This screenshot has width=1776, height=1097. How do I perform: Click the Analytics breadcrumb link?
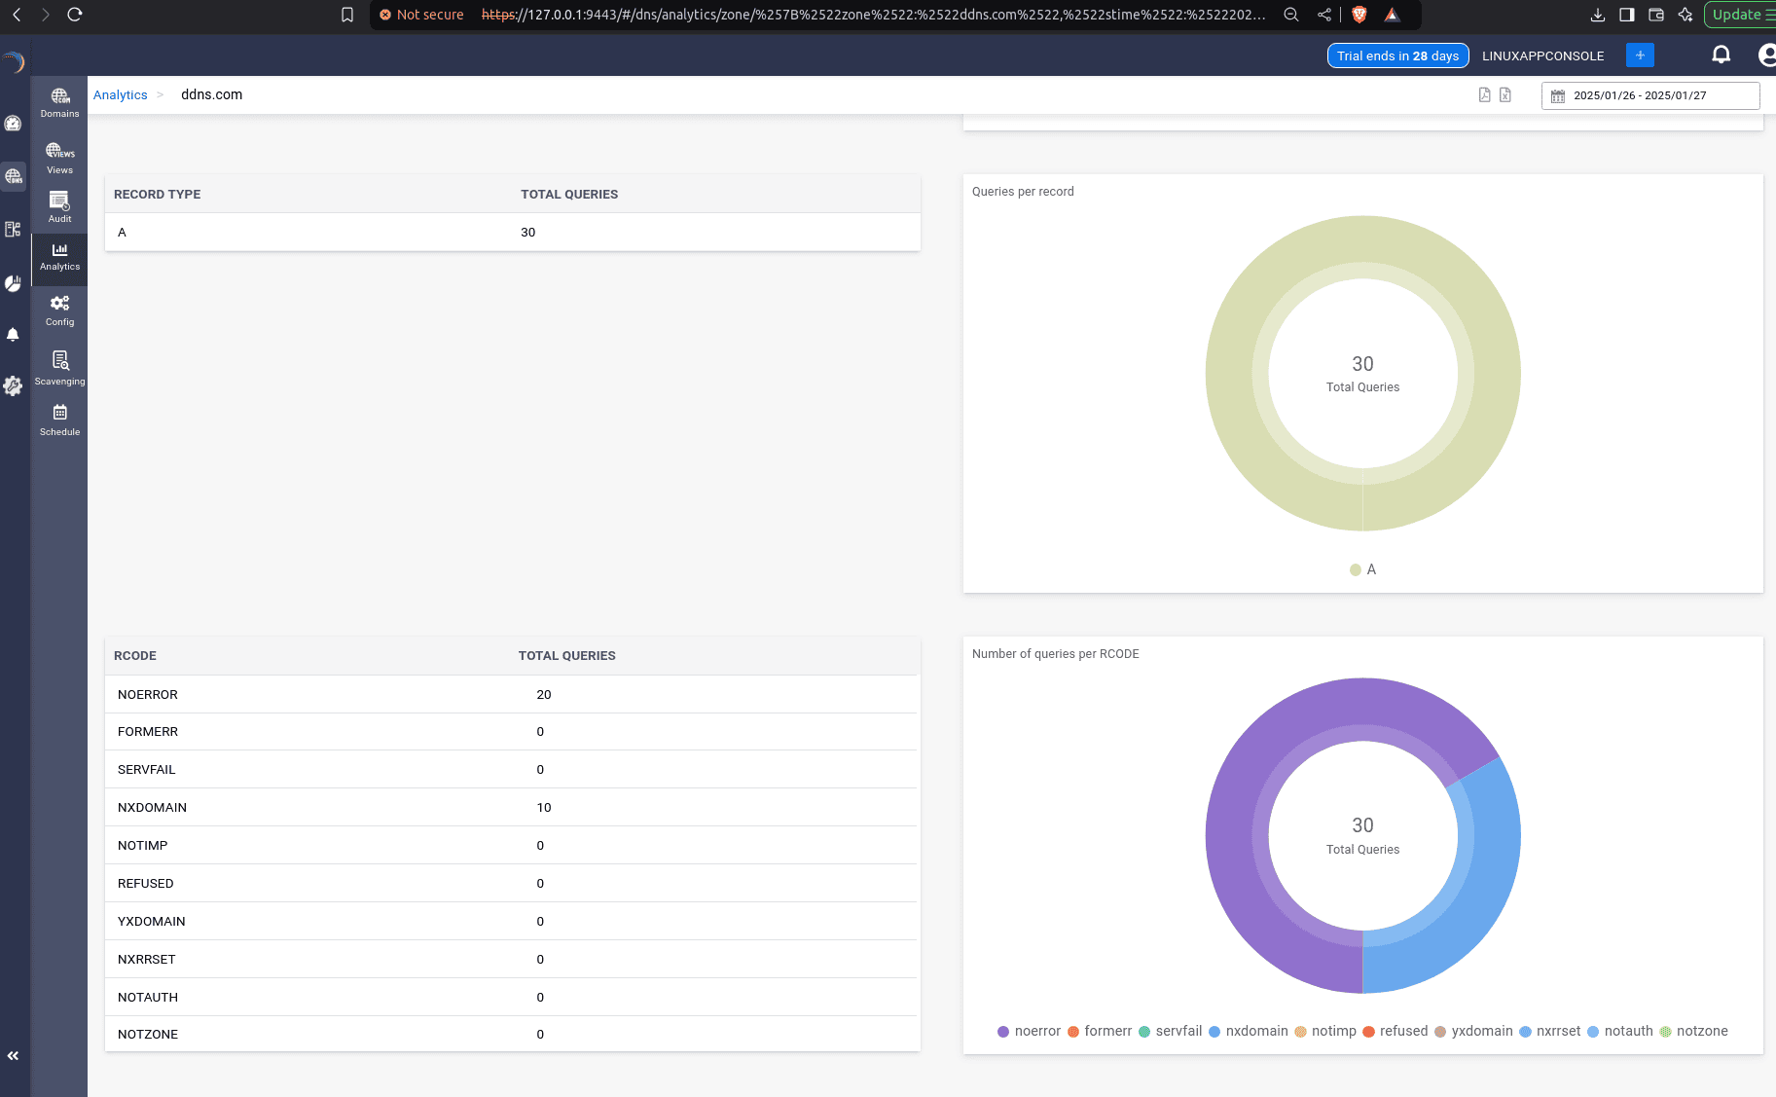120,95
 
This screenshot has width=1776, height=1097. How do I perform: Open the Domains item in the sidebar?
59,101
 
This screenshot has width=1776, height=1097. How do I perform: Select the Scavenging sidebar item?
59,368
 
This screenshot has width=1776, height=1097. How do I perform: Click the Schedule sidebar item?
59,420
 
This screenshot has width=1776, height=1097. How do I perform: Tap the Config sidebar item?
59,310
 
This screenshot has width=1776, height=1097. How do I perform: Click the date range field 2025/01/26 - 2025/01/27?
1649,95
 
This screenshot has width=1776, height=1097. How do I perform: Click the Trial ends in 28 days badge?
1397,55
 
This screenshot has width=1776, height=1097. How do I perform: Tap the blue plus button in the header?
1640,55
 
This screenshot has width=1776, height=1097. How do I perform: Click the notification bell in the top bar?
1721,55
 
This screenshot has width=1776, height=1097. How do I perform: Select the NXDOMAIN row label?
152,808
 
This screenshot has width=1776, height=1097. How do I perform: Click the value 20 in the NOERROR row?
543,695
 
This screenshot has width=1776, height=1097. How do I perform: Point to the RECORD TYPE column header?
157,195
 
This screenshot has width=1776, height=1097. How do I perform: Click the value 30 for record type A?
527,233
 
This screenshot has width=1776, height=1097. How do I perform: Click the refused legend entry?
1402,1032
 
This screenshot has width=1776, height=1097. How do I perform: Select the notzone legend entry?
1701,1032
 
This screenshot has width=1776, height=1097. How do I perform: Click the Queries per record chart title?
1022,192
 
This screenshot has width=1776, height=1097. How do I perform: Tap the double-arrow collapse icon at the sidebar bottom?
14,1055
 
